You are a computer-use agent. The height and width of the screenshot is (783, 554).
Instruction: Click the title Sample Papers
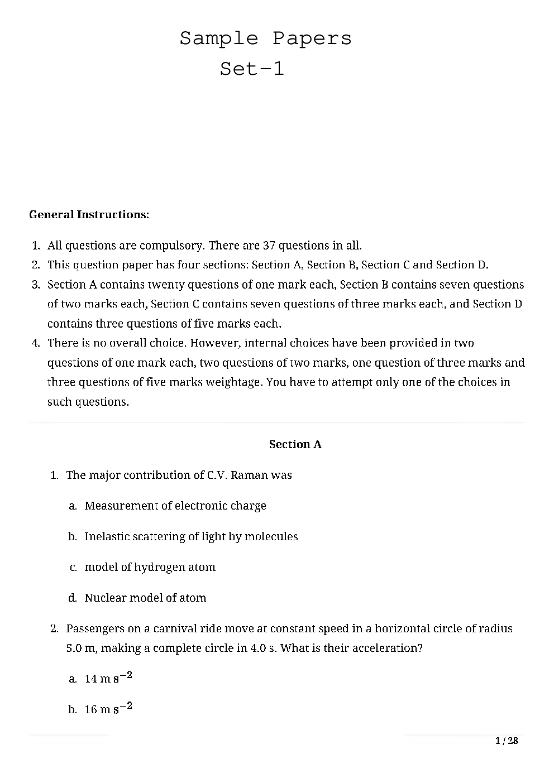point(265,39)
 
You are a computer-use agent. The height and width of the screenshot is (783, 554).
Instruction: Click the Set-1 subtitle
point(252,69)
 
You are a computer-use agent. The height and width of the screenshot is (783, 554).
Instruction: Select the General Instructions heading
point(89,214)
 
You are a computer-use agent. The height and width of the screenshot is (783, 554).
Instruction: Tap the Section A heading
point(295,444)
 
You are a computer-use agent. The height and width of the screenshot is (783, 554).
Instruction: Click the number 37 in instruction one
point(269,246)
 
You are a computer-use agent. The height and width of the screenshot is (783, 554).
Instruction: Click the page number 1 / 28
point(507,741)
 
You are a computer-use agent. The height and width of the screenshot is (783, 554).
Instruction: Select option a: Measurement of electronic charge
point(175,506)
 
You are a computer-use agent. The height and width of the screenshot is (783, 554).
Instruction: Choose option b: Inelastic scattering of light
point(191,536)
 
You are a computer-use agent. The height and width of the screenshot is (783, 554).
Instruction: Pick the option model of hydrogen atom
point(150,567)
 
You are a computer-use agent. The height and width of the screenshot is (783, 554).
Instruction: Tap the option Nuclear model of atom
point(145,598)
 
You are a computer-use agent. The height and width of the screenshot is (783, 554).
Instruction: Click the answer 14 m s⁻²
point(108,678)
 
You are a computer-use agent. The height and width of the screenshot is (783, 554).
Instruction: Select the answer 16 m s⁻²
point(108,709)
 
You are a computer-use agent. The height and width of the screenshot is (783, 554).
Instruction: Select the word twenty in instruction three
point(166,285)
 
